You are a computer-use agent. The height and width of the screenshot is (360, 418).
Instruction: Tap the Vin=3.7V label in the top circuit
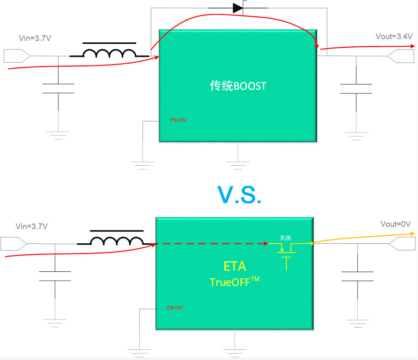tap(35, 38)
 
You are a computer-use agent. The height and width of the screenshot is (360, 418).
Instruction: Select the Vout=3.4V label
tap(394, 37)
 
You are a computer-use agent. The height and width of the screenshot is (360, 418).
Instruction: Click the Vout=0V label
tap(395, 224)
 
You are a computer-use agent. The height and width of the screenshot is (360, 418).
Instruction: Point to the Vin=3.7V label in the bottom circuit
tap(32, 227)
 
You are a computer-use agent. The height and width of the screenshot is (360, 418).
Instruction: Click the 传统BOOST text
tap(238, 86)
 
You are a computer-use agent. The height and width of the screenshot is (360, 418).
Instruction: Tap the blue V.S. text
tap(239, 195)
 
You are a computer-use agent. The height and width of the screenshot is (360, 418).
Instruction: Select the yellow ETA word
tap(235, 267)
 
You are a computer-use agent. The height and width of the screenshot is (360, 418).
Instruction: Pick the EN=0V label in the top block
tap(178, 120)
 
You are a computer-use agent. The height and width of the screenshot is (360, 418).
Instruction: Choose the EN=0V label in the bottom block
tap(175, 307)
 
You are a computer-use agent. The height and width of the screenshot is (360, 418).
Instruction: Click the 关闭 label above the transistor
tap(285, 238)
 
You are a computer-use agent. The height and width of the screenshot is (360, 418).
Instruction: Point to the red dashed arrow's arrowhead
tap(266, 244)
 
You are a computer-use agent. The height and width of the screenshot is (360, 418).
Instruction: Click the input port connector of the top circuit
tap(17, 56)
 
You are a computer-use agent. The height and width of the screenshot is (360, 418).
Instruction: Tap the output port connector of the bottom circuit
tap(402, 244)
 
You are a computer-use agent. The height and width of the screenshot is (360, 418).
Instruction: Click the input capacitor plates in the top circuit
tap(58, 89)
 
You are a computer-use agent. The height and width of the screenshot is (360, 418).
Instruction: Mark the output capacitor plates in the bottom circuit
tap(357, 276)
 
